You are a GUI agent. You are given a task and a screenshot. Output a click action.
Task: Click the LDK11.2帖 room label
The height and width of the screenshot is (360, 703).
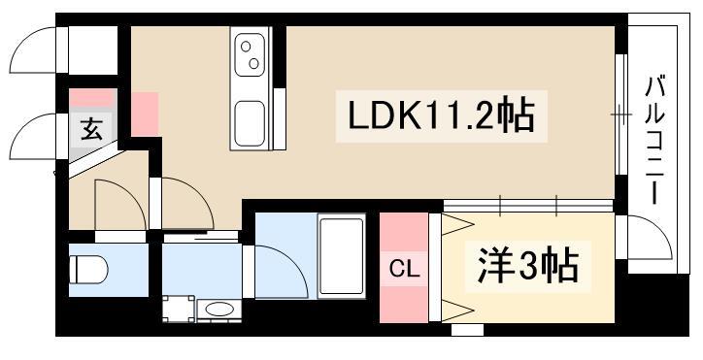[x=441, y=116]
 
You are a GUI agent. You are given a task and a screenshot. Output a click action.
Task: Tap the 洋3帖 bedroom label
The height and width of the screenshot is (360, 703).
[x=527, y=266]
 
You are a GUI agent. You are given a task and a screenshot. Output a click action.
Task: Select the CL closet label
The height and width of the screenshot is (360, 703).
[x=404, y=270]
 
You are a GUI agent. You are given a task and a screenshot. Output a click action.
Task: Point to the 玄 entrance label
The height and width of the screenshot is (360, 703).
[x=92, y=130]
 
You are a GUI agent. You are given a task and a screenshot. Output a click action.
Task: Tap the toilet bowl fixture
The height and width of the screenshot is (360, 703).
[x=88, y=270]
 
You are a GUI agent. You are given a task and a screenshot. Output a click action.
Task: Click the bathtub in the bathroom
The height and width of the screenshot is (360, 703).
[x=341, y=256]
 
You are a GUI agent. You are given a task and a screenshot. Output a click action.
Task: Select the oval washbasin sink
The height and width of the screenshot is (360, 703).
[x=219, y=310]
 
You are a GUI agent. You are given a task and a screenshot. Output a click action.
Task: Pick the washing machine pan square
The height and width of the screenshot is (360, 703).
[x=179, y=309]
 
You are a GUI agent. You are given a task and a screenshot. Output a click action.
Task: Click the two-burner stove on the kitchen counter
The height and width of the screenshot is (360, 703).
[x=250, y=54]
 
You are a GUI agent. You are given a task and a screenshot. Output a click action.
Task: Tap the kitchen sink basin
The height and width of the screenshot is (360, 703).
[x=250, y=124]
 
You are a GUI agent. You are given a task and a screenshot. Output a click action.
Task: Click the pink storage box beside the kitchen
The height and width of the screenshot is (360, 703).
[x=145, y=114]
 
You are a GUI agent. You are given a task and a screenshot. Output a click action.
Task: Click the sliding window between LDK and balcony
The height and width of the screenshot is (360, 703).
[x=620, y=115]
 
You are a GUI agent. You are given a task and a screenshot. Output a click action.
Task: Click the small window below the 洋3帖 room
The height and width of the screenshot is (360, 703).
[x=467, y=330]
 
